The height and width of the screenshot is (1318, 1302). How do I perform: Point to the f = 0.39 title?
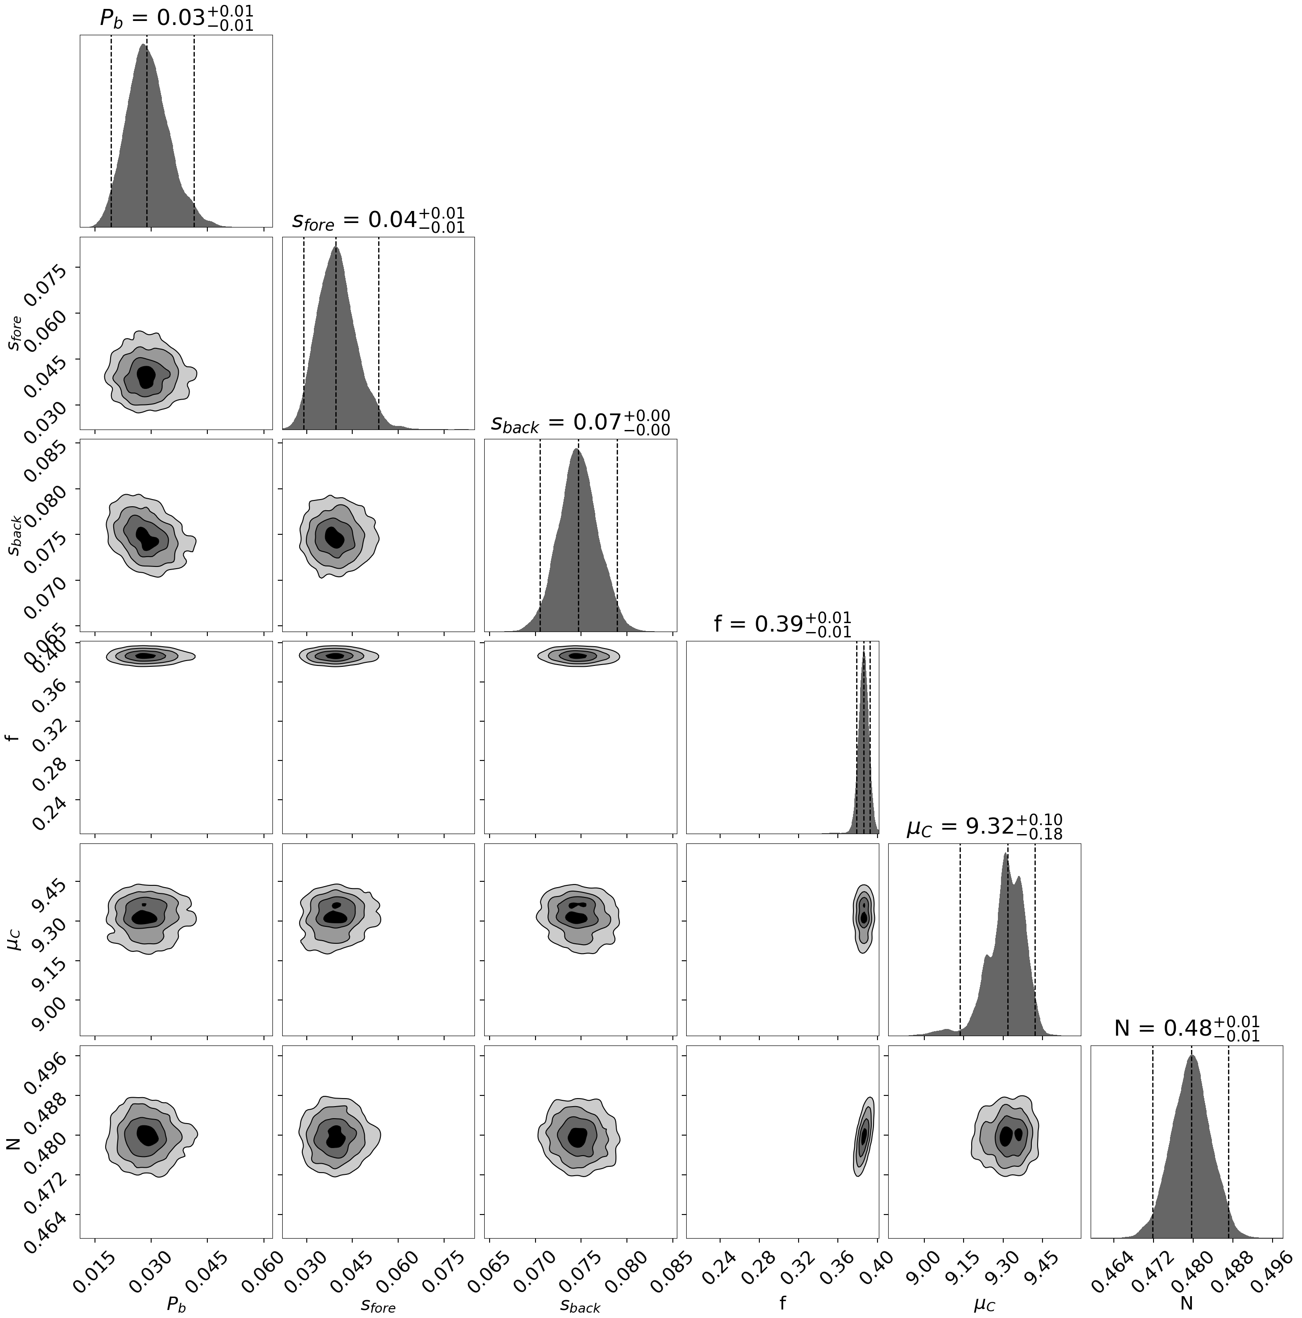pyautogui.click(x=782, y=624)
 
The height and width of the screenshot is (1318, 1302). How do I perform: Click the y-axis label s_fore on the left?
pyautogui.click(x=15, y=333)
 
